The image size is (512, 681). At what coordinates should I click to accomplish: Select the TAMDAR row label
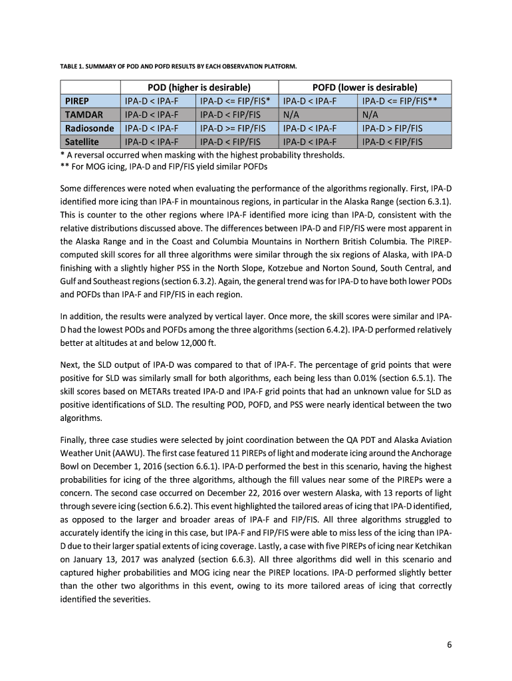coord(82,115)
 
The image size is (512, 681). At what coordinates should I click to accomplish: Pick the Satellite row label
coord(82,142)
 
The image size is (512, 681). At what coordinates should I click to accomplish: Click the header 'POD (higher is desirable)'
coord(198,88)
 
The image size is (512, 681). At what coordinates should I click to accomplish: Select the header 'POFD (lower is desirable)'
coord(364,88)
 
